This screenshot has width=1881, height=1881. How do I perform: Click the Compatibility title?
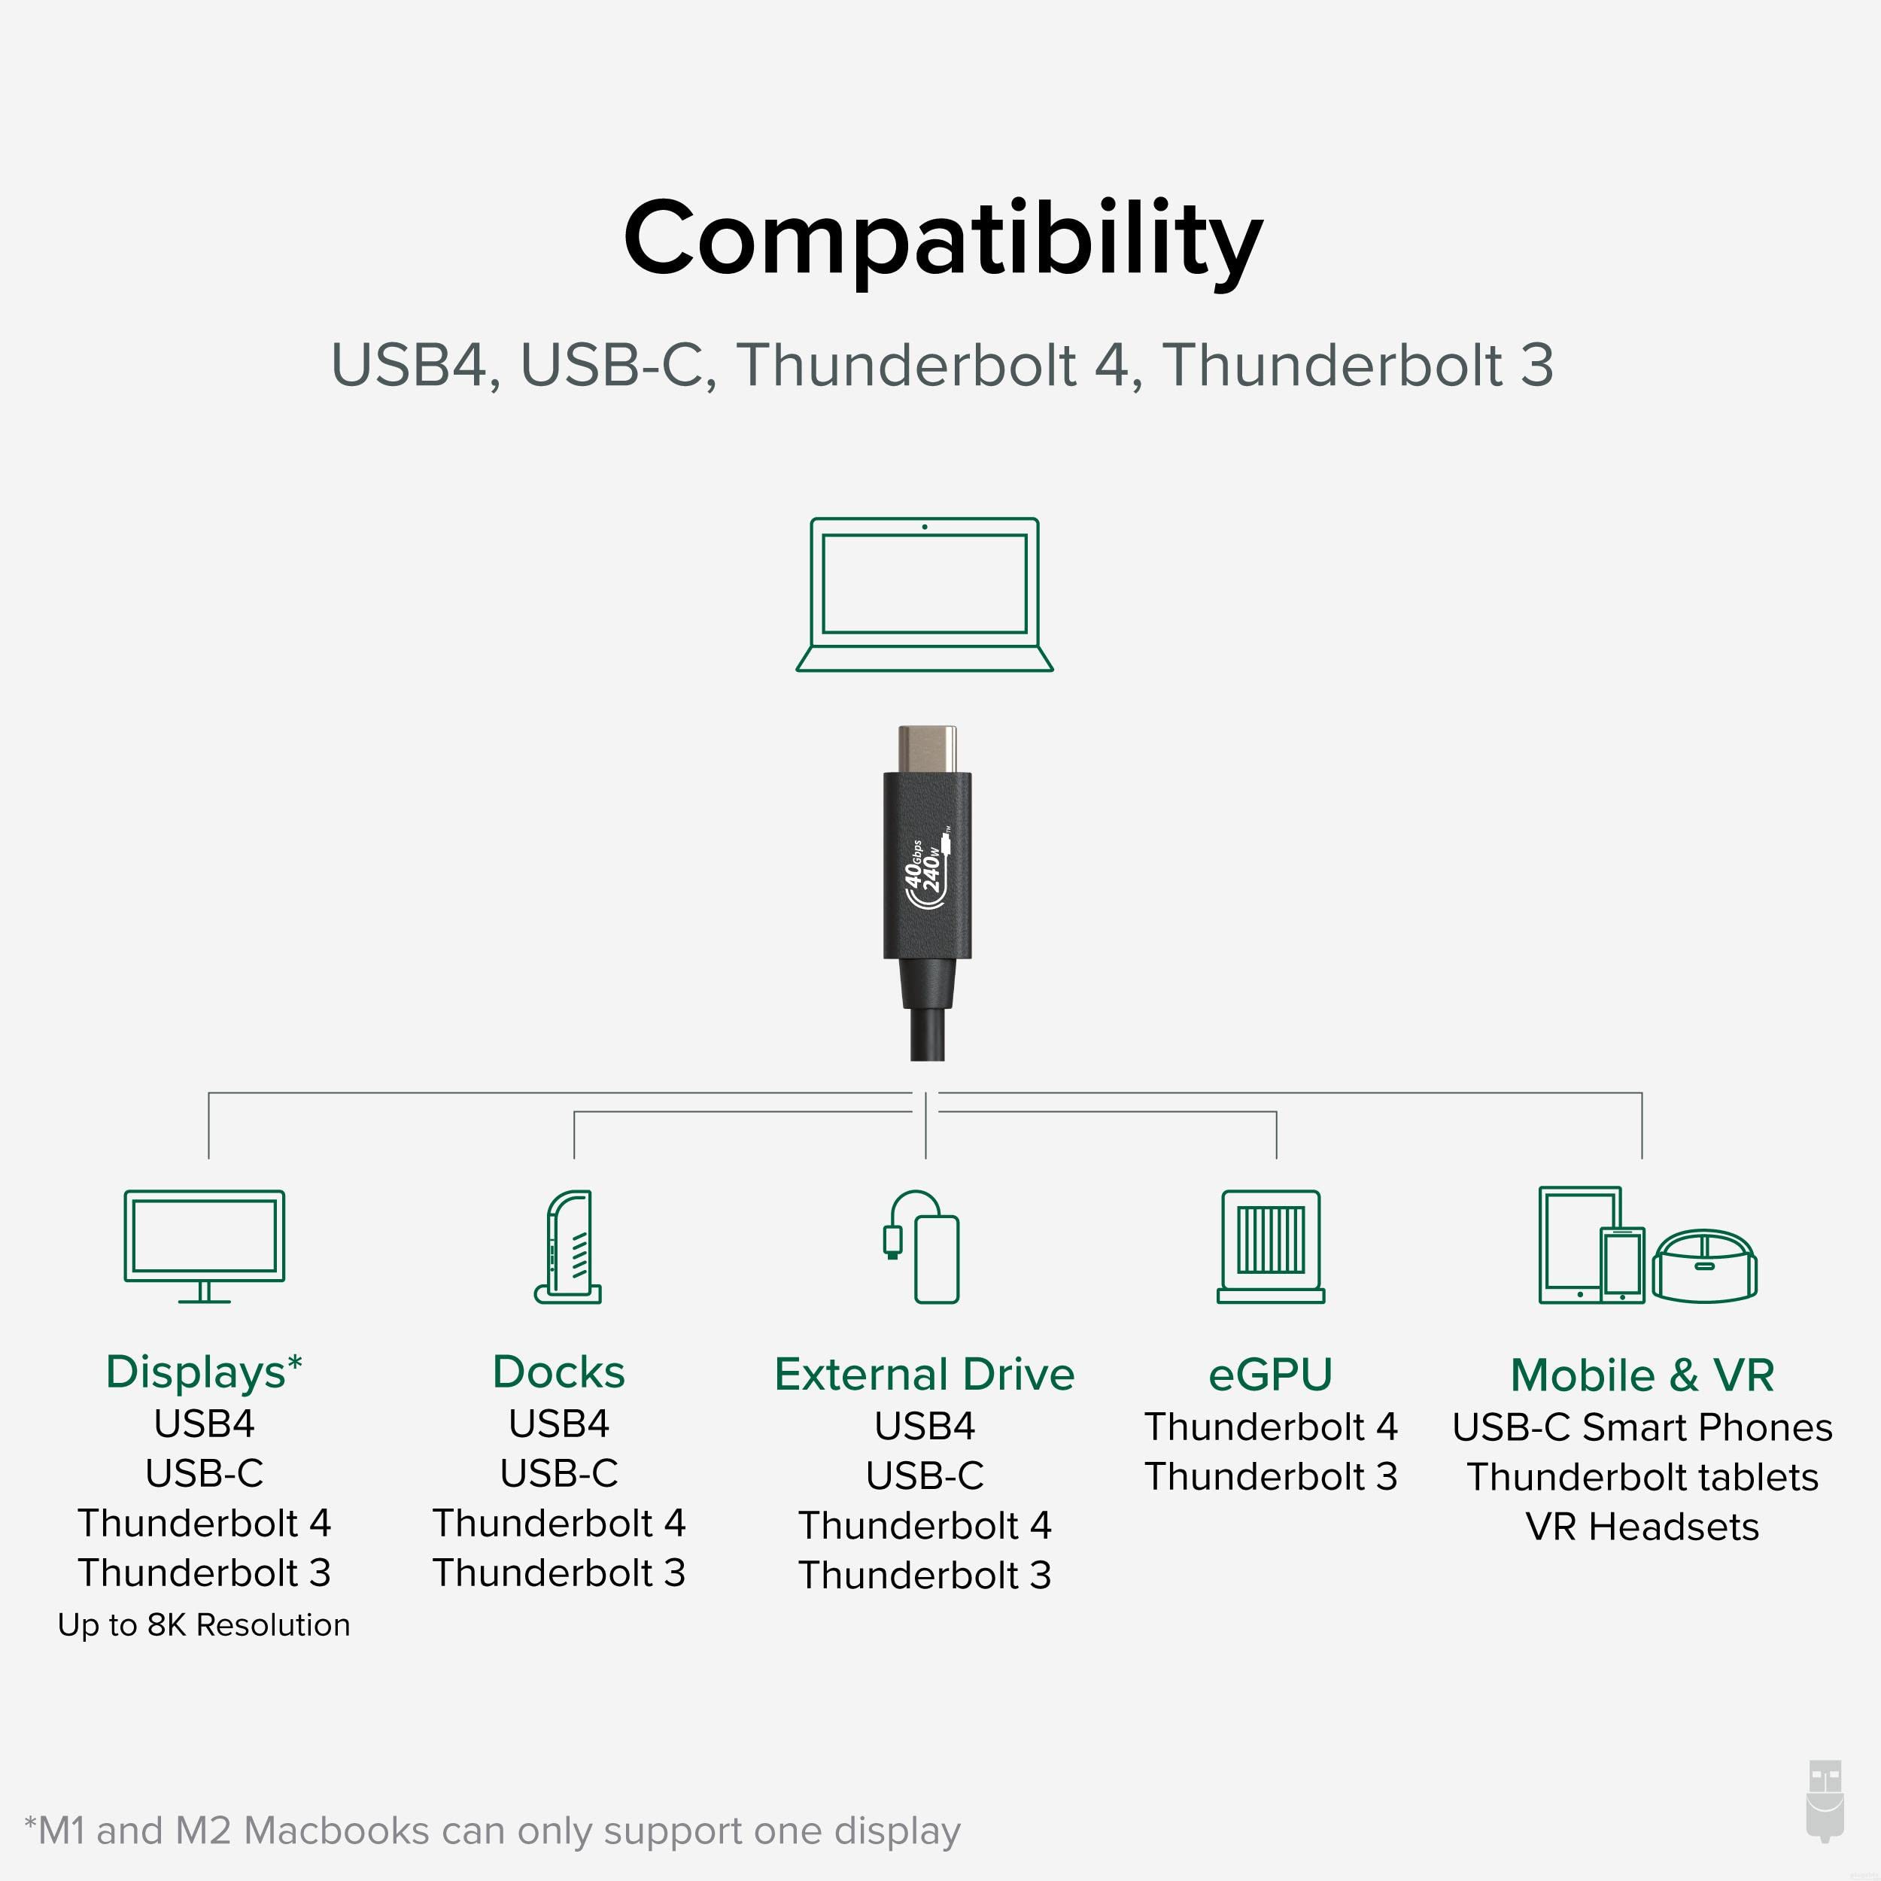coord(943,239)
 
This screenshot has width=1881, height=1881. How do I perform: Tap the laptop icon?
coord(924,594)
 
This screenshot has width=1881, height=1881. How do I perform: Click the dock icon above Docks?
coord(569,1246)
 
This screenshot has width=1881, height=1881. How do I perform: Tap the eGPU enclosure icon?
coord(1271,1246)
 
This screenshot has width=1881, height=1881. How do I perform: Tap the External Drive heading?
coord(924,1374)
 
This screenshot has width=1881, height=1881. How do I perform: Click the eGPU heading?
coord(1271,1375)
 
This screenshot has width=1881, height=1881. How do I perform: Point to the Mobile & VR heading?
coord(1642,1375)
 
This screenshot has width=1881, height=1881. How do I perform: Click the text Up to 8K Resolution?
coord(205,1625)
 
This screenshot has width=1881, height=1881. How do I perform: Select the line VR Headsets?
coord(1642,1527)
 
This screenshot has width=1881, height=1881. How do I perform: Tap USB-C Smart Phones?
coord(1642,1427)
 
